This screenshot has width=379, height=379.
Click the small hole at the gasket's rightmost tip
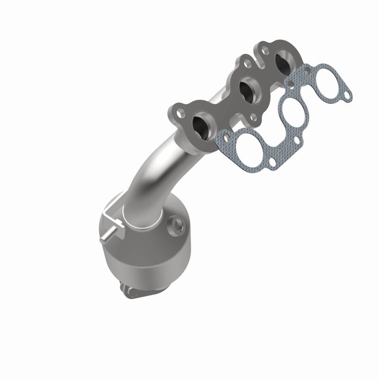(x=348, y=96)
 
